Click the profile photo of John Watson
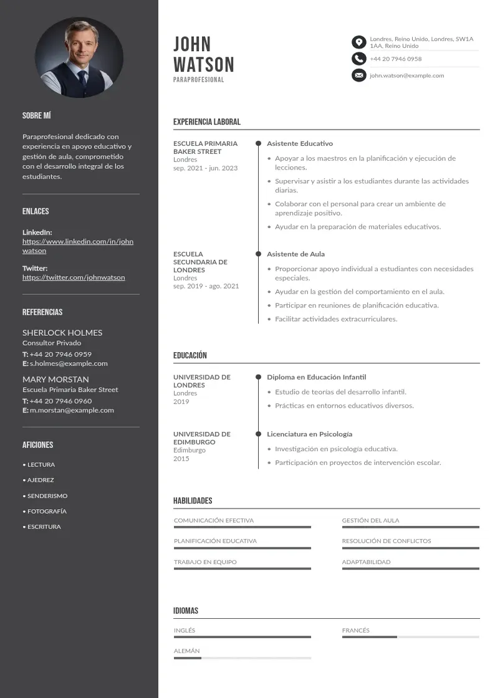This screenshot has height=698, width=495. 79,57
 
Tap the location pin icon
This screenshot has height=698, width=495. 358,42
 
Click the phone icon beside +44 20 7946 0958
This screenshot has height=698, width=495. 358,59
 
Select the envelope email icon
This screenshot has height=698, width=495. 358,75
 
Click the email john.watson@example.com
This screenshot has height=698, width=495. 406,75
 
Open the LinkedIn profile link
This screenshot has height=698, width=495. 78,246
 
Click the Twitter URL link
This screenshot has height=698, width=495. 74,277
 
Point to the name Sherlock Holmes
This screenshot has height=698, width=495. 62,333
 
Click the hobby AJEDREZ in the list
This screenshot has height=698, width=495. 41,480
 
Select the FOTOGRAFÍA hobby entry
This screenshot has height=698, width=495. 47,511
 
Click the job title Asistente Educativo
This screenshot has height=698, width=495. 300,143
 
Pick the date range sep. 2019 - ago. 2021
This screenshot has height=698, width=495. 206,286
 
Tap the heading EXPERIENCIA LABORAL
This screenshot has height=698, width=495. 206,122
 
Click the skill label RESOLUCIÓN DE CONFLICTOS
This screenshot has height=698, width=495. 386,541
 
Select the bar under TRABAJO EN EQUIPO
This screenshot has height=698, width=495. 242,568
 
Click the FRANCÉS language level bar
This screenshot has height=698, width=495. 410,637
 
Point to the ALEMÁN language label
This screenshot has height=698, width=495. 186,651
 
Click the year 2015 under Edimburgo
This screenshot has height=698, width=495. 181,459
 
